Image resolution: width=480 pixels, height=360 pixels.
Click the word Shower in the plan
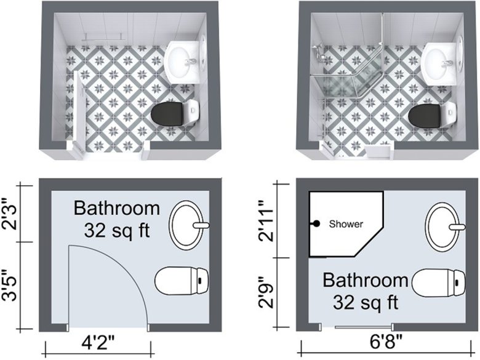[346, 224]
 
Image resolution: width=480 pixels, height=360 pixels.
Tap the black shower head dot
[316, 224]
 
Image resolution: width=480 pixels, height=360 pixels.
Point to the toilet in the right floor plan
[438, 284]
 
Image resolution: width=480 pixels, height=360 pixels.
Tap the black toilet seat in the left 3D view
[168, 114]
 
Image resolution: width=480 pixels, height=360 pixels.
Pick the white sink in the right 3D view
[441, 60]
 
